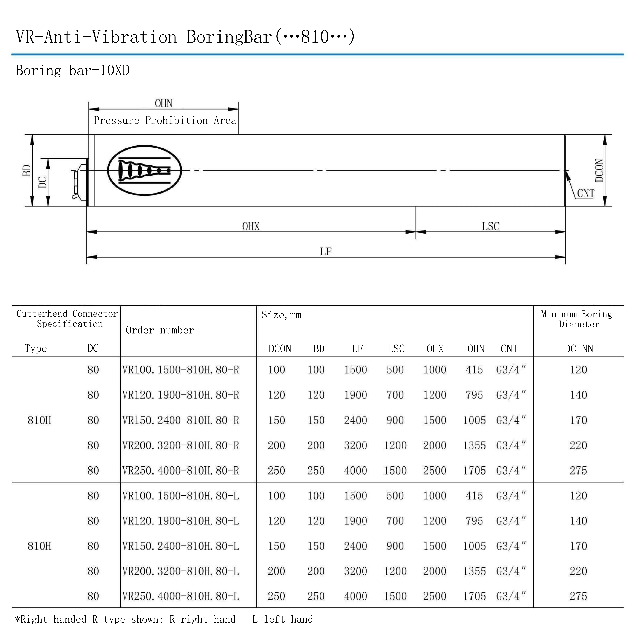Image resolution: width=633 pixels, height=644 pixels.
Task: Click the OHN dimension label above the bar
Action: point(164,103)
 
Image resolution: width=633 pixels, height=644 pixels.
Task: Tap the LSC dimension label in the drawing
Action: point(491,226)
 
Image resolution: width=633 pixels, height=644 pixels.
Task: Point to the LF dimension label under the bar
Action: point(326,251)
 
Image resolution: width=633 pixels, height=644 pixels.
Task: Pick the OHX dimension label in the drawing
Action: point(251,226)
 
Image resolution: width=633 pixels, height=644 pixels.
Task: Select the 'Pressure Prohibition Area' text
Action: point(165,120)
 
